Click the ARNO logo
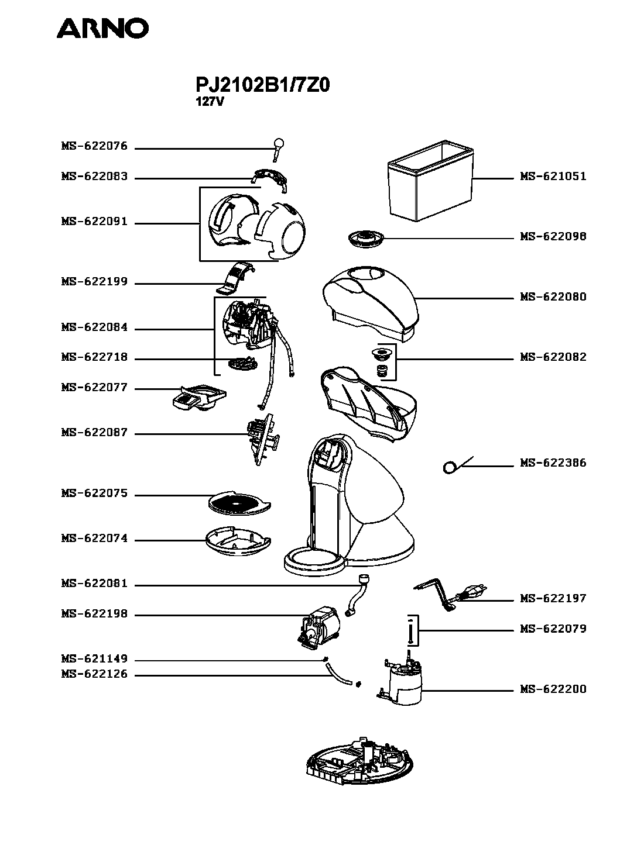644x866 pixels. pos(102,28)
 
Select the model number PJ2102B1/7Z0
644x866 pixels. pos(263,85)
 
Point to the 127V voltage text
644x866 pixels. pos(210,102)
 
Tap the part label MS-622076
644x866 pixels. pos(94,146)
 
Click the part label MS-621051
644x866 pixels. pos(553,177)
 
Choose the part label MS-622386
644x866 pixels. pos(553,463)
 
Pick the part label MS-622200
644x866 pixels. pos(553,689)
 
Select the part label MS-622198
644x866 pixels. pos(94,615)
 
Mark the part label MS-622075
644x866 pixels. pos(94,494)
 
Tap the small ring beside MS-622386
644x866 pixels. pos(450,467)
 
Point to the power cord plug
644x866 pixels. pos(472,594)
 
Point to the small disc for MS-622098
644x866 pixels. pos(365,238)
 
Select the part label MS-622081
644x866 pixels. pos(94,584)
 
